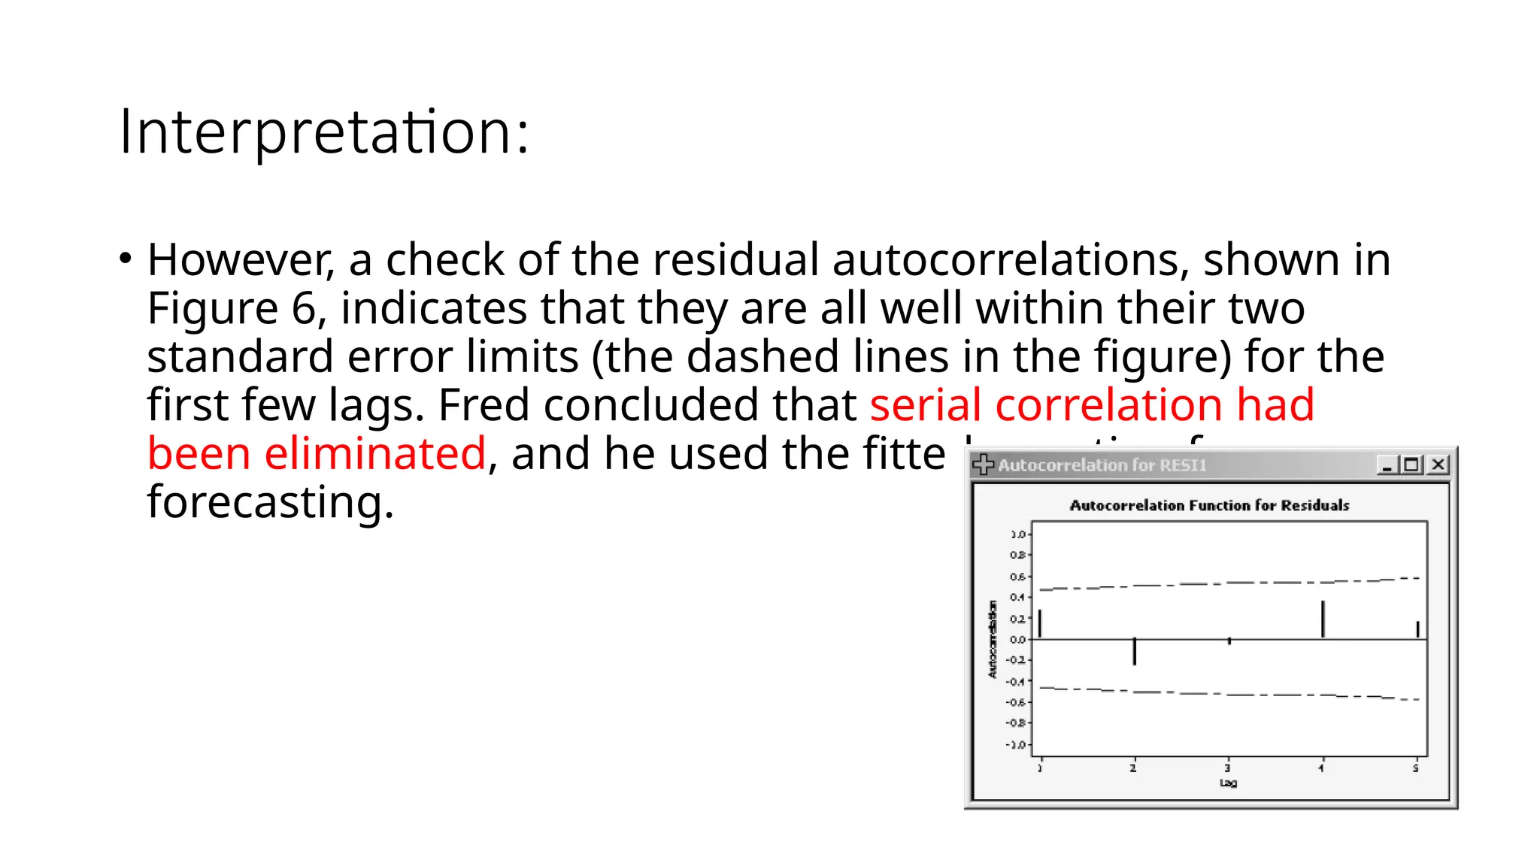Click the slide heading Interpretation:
coord(324,132)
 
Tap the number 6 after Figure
coord(304,309)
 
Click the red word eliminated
coord(374,454)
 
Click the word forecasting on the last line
coord(270,502)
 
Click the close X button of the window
coord(1438,465)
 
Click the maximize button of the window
coord(1411,465)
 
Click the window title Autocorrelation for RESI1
coord(1102,465)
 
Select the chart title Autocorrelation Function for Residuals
coord(1209,505)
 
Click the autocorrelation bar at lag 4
coord(1323,619)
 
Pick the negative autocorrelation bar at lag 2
coord(1134,651)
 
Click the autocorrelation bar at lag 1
coord(1040,624)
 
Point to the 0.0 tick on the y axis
coord(1017,640)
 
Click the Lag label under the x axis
coord(1228,783)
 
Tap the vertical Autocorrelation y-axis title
coord(993,640)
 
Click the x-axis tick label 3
coord(1228,768)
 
